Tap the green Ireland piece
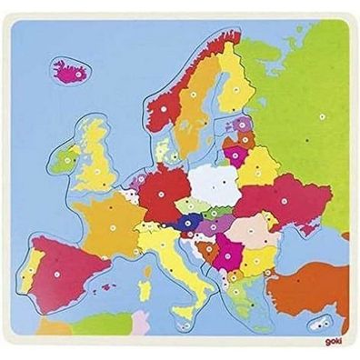click(65, 158)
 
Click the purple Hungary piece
click(215, 227)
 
